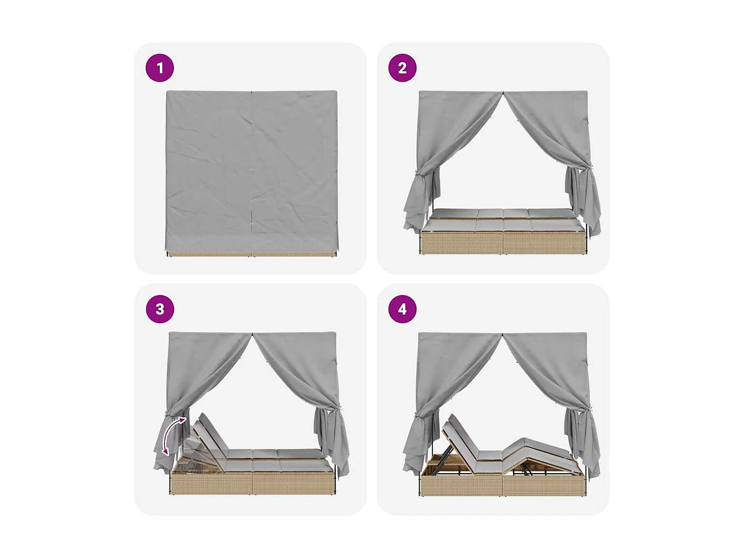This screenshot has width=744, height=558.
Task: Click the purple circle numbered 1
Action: coord(160,68)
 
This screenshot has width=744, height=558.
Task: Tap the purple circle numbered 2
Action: coord(402,68)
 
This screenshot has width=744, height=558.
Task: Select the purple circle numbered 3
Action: coord(160,309)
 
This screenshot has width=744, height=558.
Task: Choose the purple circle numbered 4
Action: coord(402,309)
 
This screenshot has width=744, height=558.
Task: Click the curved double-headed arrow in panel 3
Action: coord(168,434)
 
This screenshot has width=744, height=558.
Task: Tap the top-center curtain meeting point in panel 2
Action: coord(503,92)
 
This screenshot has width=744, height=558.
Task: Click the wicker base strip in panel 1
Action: coord(251,254)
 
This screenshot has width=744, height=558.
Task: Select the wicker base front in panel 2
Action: coord(503,242)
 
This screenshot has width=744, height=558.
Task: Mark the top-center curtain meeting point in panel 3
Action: coord(253,334)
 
